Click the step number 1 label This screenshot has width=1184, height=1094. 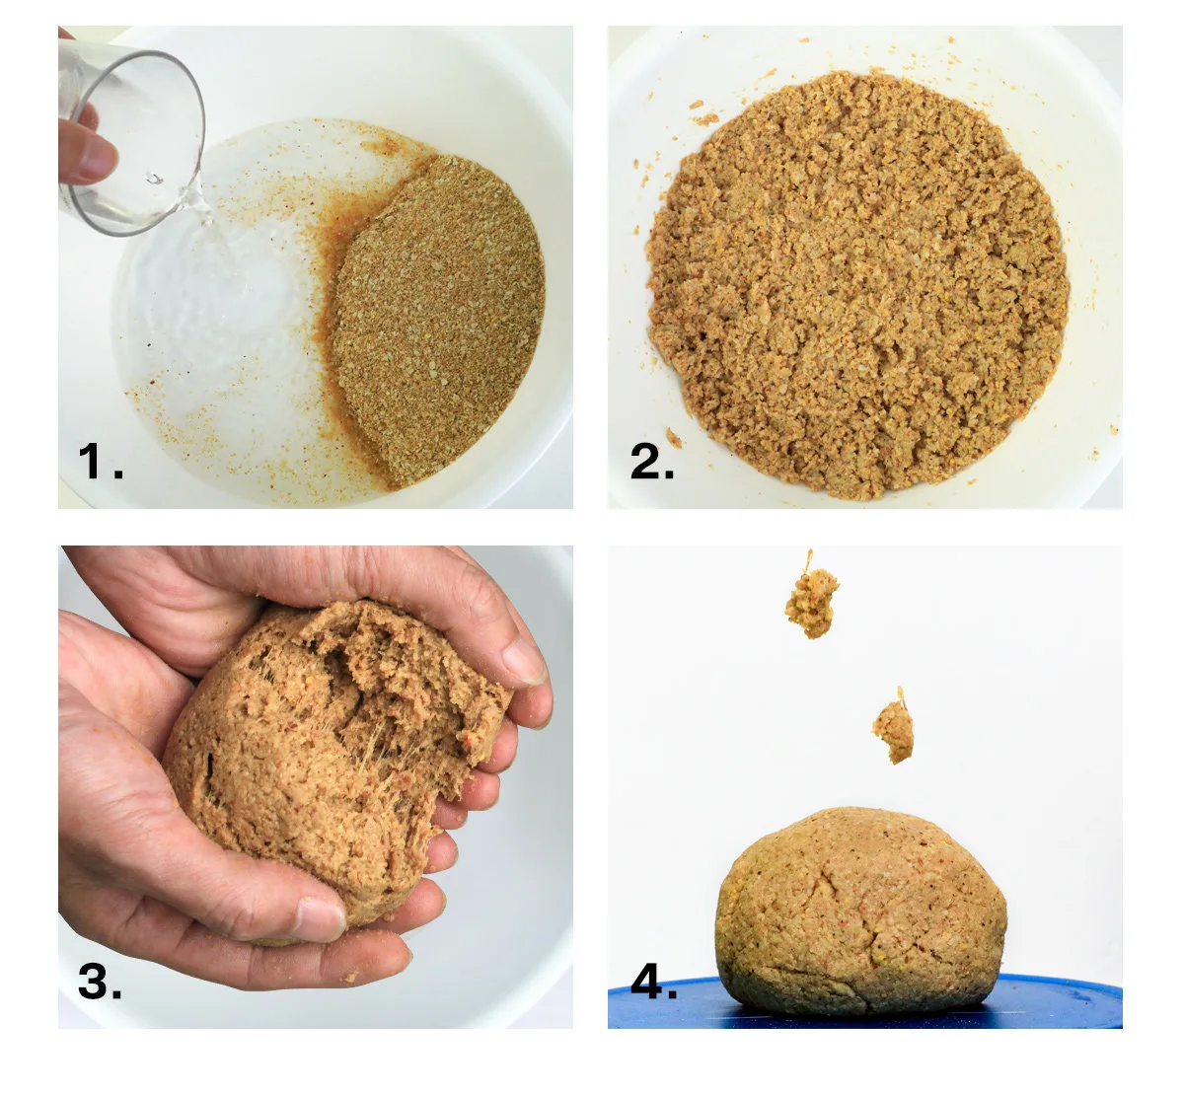point(101,461)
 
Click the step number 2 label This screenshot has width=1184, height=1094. point(652,461)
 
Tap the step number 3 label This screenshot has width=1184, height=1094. point(101,982)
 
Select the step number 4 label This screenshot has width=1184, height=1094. point(654,982)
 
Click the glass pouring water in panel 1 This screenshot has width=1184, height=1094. point(134,140)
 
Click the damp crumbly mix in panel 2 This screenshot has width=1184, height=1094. point(857,285)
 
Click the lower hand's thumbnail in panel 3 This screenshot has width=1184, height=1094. point(321,918)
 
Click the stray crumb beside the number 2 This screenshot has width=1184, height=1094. point(674,438)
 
